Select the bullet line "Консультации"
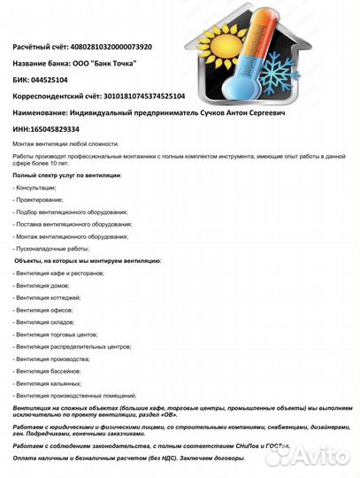[35, 188]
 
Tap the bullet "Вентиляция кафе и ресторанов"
[60, 274]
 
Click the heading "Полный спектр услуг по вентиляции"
[67, 175]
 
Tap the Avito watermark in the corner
[314, 455]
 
